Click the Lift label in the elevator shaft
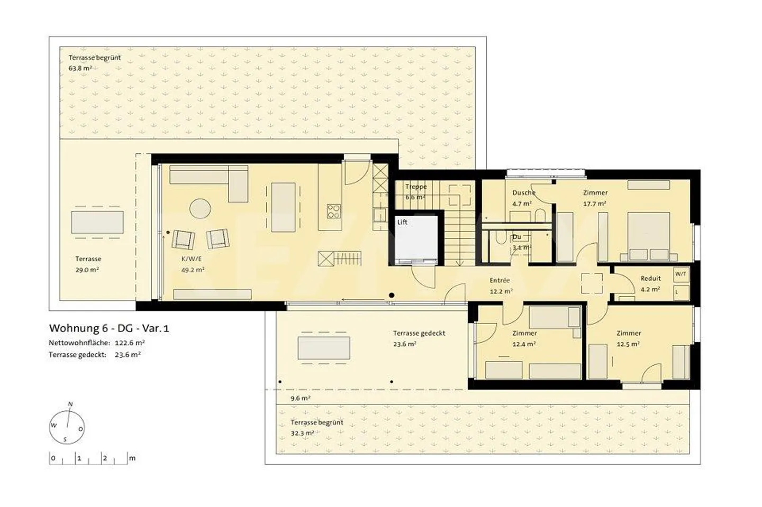pyautogui.click(x=402, y=222)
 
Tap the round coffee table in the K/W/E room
pyautogui.click(x=200, y=208)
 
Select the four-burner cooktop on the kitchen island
pyautogui.click(x=333, y=211)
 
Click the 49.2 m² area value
pyautogui.click(x=193, y=270)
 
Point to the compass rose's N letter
pyautogui.click(x=70, y=404)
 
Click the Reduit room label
pyautogui.click(x=650, y=279)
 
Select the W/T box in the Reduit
pyautogui.click(x=681, y=274)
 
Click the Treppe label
pyautogui.click(x=415, y=187)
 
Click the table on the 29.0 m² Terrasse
pyautogui.click(x=97, y=223)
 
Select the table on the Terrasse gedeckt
pyautogui.click(x=324, y=348)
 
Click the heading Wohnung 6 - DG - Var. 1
pyautogui.click(x=109, y=328)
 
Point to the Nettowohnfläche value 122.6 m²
pyautogui.click(x=130, y=343)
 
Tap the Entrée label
pyautogui.click(x=500, y=281)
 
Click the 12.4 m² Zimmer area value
pyautogui.click(x=524, y=344)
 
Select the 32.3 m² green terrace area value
pyautogui.click(x=302, y=433)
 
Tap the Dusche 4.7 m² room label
pyautogui.click(x=523, y=193)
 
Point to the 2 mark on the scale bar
pyautogui.click(x=105, y=458)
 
